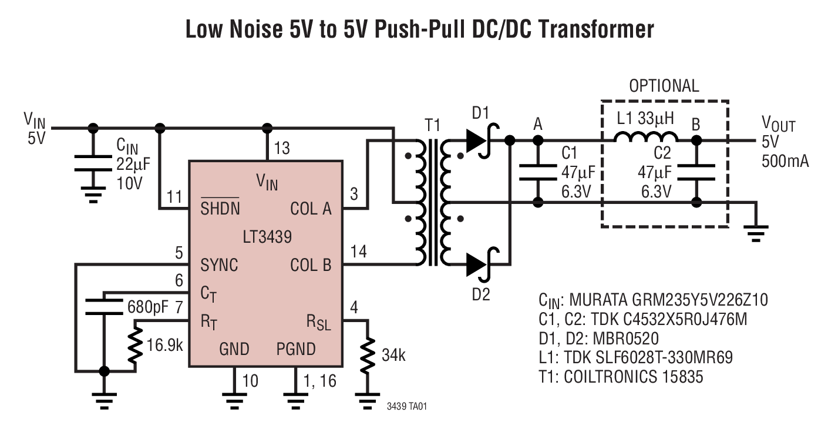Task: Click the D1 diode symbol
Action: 479,140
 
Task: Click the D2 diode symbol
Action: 479,264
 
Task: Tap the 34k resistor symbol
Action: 368,355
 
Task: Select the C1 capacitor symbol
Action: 537,170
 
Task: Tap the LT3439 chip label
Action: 267,237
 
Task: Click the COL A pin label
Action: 311,209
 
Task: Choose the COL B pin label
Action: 311,265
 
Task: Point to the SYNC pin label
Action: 219,265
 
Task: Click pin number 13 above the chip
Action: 282,148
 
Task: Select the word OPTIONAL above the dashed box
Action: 664,86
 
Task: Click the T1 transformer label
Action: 432,125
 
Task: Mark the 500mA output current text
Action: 785,160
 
